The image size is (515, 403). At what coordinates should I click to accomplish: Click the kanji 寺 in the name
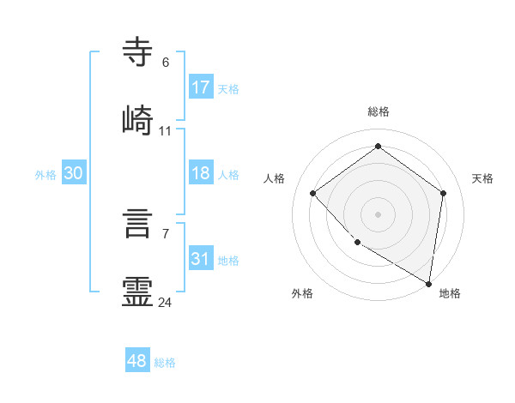pyautogui.click(x=138, y=52)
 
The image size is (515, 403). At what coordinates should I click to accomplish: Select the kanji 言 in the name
pyautogui.click(x=138, y=222)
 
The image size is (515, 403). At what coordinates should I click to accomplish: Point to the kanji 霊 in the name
pyautogui.click(x=138, y=291)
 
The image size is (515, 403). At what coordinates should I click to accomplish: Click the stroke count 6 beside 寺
pyautogui.click(x=165, y=62)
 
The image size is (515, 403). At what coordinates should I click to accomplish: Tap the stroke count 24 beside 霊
pyautogui.click(x=166, y=302)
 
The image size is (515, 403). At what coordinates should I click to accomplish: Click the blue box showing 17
pyautogui.click(x=201, y=87)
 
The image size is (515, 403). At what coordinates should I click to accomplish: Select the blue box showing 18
pyautogui.click(x=201, y=173)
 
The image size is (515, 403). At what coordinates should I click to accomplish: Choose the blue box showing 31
pyautogui.click(x=201, y=259)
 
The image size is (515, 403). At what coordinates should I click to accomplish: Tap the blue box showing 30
pyautogui.click(x=74, y=173)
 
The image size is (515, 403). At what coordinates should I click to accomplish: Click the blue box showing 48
pyautogui.click(x=137, y=361)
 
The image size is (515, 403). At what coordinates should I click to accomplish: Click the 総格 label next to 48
pyautogui.click(x=165, y=363)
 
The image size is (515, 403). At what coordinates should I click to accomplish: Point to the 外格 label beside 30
pyautogui.click(x=45, y=175)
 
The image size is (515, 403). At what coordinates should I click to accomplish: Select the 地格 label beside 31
pyautogui.click(x=228, y=261)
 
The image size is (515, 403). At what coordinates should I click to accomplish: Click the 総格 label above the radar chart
pyautogui.click(x=379, y=111)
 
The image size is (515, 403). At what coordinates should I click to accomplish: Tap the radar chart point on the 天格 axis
pyautogui.click(x=443, y=193)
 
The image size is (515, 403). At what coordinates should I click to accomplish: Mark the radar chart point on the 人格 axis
pyautogui.click(x=313, y=193)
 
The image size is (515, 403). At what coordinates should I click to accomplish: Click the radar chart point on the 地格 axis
pyautogui.click(x=429, y=283)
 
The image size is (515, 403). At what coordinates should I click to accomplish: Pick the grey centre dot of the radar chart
pyautogui.click(x=379, y=214)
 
